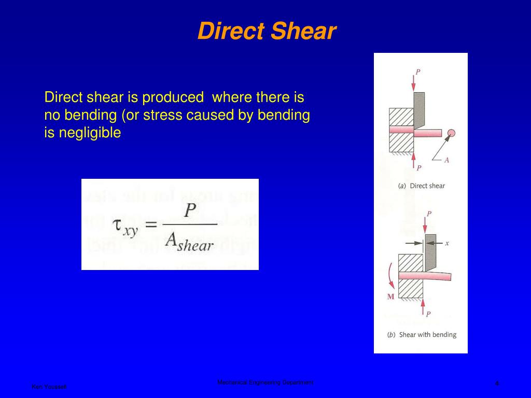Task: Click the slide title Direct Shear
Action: tap(267, 32)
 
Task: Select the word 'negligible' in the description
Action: tap(90, 133)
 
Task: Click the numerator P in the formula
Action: tap(190, 210)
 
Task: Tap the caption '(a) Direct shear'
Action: tap(421, 186)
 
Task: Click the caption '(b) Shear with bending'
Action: tap(421, 335)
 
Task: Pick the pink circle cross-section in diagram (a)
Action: tap(451, 134)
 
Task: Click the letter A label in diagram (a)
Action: tap(446, 160)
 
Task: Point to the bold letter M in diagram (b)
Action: tap(390, 297)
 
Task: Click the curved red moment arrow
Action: tap(390, 275)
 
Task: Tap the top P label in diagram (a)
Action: tap(418, 72)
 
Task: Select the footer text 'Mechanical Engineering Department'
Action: tap(265, 382)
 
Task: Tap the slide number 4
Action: tap(497, 383)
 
